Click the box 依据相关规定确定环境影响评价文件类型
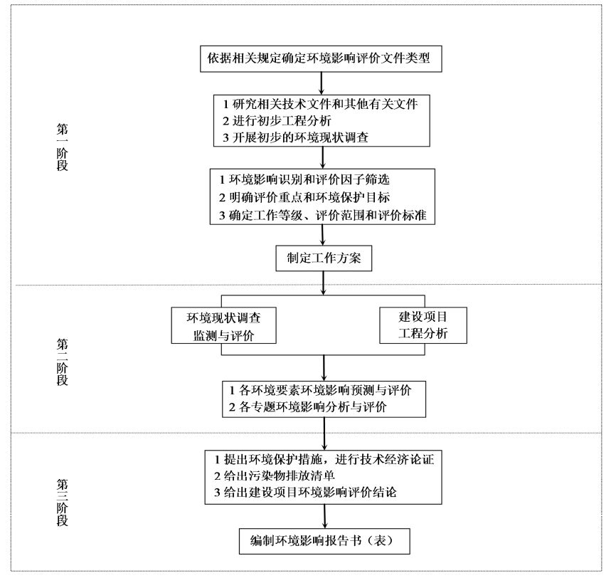[321, 58]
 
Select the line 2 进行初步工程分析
[277, 121]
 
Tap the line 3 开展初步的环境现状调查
[295, 137]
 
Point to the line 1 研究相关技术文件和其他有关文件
[320, 104]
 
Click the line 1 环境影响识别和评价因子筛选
[304, 179]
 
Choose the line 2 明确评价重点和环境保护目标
[304, 197]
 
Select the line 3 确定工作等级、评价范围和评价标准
[322, 216]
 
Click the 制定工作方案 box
[324, 258]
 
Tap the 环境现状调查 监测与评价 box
[223, 325]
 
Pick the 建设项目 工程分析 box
[423, 325]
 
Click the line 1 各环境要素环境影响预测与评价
[320, 391]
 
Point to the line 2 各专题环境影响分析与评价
[307, 407]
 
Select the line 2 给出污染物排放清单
[275, 476]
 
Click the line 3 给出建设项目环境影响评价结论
[305, 493]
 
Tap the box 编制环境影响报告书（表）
[324, 541]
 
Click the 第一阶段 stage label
[62, 147]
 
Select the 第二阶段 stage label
[62, 362]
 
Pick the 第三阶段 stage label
[62, 502]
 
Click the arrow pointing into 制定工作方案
[323, 235]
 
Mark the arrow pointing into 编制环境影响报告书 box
[325, 516]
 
